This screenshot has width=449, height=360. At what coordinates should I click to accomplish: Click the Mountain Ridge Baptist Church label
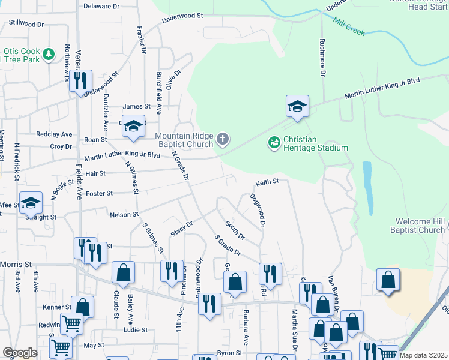pyautogui.click(x=184, y=140)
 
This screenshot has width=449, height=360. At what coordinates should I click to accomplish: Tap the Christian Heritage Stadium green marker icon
pyautogui.click(x=274, y=143)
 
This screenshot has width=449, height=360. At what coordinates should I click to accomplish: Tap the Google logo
pyautogui.click(x=20, y=353)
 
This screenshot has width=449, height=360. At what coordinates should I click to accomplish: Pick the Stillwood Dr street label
pyautogui.click(x=27, y=23)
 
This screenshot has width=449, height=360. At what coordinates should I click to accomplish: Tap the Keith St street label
pyautogui.click(x=267, y=181)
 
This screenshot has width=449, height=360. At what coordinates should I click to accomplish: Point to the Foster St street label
pyautogui.click(x=100, y=193)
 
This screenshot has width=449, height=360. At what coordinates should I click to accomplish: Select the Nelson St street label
pyautogui.click(x=124, y=214)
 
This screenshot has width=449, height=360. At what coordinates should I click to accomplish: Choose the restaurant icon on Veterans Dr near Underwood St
pyautogui.click(x=80, y=80)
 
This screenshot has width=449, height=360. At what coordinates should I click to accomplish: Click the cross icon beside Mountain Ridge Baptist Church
pyautogui.click(x=223, y=140)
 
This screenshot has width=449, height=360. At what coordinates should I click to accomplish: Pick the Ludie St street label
pyautogui.click(x=136, y=329)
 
